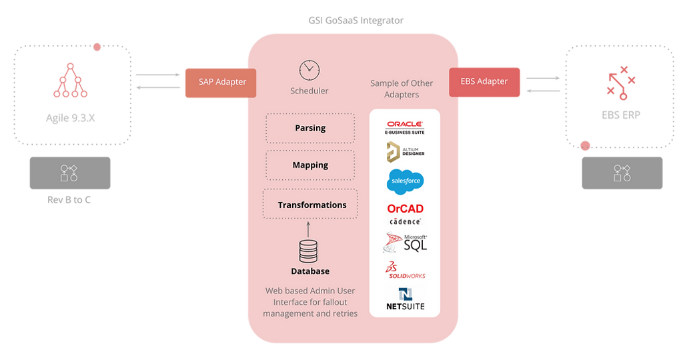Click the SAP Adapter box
(x=222, y=83)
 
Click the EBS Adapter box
(x=484, y=82)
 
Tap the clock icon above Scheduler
(x=309, y=69)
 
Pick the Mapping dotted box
(x=310, y=165)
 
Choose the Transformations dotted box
(x=311, y=205)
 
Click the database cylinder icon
(x=308, y=251)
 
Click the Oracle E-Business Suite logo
(x=405, y=127)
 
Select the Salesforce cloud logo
(x=405, y=181)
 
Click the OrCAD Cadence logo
(x=405, y=213)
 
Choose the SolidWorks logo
(x=405, y=271)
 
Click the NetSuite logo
(x=405, y=299)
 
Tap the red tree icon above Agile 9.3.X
(x=70, y=82)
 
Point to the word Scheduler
(x=309, y=91)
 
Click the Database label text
(x=309, y=271)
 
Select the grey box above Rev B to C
(x=69, y=173)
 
